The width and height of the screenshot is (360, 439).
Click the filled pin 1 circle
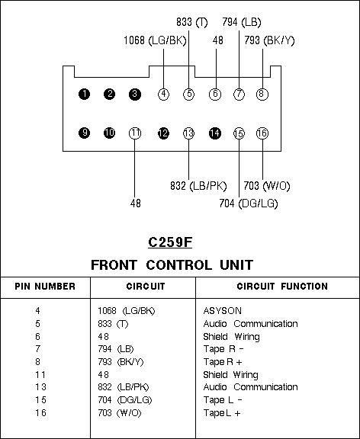(x=85, y=94)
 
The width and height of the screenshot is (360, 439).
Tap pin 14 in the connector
(x=215, y=133)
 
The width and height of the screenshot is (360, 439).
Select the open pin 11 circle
(x=135, y=133)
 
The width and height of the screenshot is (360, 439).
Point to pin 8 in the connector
(x=262, y=94)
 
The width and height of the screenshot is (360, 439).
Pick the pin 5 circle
(x=189, y=94)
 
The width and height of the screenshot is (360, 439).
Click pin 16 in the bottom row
(x=262, y=133)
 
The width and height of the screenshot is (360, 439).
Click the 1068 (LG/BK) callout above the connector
(x=155, y=40)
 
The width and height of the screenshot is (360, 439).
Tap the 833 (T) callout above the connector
(x=192, y=22)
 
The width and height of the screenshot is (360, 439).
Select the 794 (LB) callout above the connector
(x=242, y=22)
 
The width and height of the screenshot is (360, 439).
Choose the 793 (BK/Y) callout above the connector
(x=269, y=40)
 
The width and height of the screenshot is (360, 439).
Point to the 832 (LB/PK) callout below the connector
(x=198, y=186)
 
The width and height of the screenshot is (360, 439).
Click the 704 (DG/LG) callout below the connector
(x=249, y=203)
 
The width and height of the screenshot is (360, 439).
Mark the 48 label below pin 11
(x=136, y=203)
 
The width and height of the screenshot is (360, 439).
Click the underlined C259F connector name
(x=170, y=242)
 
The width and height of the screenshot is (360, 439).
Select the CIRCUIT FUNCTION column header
(x=282, y=287)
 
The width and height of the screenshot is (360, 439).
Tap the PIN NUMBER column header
(x=45, y=287)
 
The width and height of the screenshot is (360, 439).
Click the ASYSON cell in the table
(x=223, y=311)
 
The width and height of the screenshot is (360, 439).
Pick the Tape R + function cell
(x=223, y=362)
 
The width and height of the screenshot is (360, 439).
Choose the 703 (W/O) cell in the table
(x=120, y=413)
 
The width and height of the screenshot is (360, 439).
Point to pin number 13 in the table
(x=40, y=387)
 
